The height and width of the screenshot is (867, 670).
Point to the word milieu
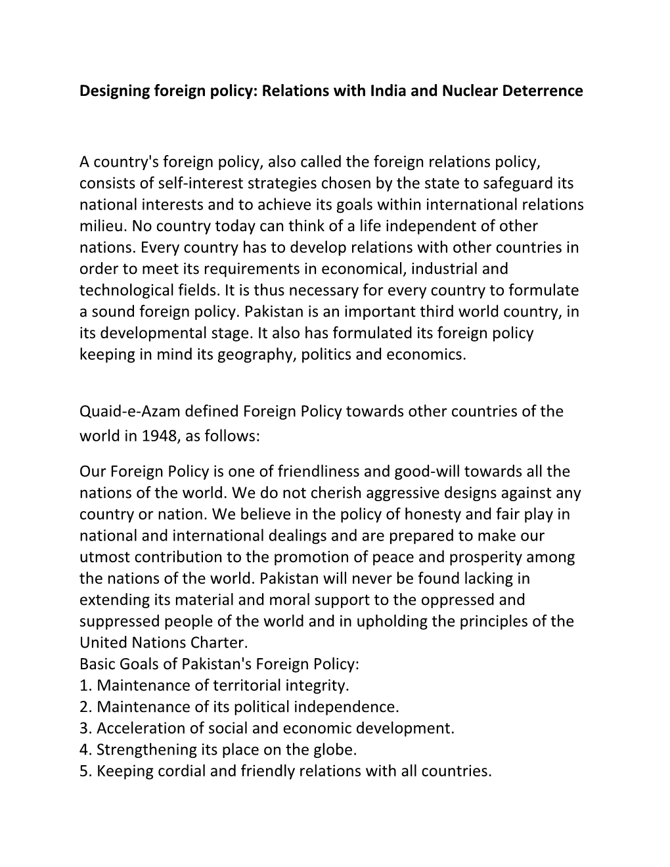(x=102, y=226)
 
